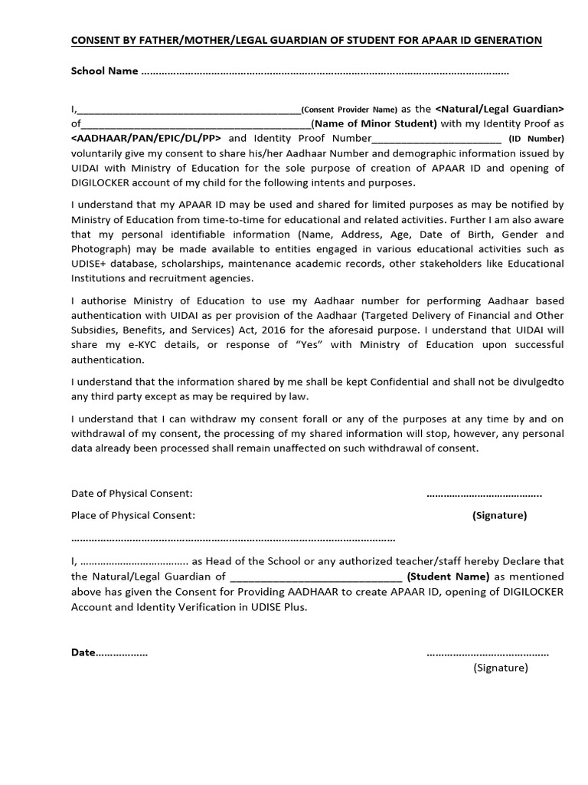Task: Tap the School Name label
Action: [105, 71]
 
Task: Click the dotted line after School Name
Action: [325, 73]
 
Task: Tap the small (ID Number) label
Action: [536, 140]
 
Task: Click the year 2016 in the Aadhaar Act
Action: [314, 330]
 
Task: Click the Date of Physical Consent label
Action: [132, 493]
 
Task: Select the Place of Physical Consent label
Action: [133, 515]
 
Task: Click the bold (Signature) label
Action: [499, 515]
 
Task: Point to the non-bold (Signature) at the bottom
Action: [501, 668]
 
